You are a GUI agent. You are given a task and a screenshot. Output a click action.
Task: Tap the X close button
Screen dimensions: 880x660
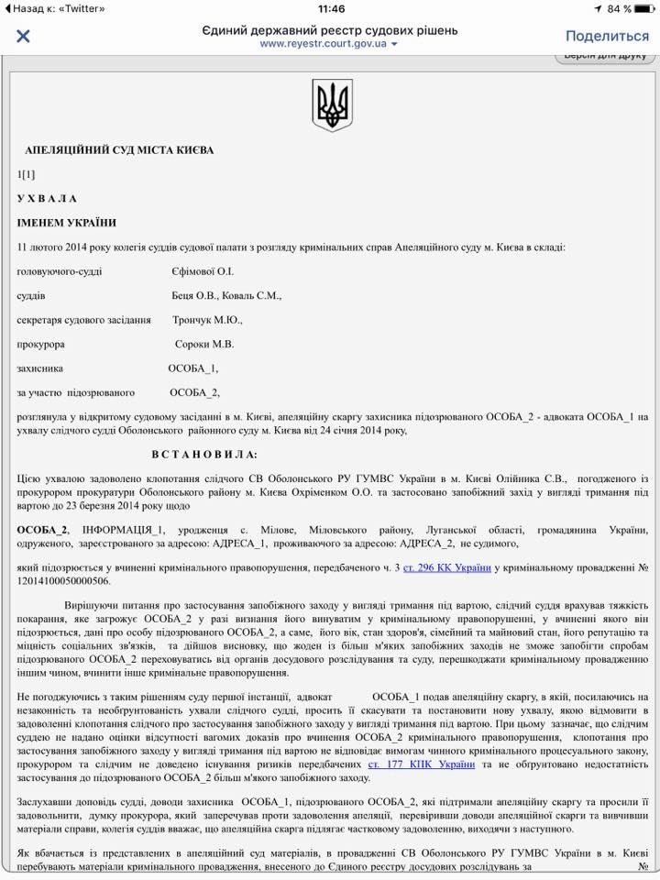pos(24,37)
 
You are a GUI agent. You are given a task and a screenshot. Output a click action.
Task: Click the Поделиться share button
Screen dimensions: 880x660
pos(607,37)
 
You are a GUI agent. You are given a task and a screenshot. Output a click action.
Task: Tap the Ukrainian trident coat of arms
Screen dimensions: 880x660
pos(332,105)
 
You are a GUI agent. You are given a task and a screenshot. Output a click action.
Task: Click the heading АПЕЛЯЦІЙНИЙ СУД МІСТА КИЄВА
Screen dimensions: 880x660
pos(119,149)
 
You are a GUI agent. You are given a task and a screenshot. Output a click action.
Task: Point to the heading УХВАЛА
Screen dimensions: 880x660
pos(48,198)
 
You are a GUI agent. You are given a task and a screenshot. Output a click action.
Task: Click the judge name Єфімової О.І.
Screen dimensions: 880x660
pos(203,271)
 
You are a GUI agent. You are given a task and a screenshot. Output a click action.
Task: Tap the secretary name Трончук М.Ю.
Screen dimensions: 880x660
pos(208,320)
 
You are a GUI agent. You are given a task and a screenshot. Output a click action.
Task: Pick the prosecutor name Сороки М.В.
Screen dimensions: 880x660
pos(204,345)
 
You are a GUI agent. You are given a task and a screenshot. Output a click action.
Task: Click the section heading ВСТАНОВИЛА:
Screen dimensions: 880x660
pos(204,455)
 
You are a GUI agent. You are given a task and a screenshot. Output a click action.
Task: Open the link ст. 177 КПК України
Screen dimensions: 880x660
pos(421,764)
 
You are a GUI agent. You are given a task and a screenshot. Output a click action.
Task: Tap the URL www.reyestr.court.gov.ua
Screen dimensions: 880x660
pos(324,44)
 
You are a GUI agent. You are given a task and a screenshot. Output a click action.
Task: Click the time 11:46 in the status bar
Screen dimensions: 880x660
pos(331,8)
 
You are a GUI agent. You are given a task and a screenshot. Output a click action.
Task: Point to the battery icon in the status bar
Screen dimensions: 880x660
pos(643,8)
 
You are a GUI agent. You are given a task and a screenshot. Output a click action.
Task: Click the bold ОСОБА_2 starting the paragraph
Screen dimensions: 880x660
pos(42,530)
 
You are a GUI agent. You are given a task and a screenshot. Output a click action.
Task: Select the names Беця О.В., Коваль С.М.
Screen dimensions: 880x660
pos(226,296)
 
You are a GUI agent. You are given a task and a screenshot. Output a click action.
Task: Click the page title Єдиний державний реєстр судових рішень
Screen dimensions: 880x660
pos(330,30)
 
